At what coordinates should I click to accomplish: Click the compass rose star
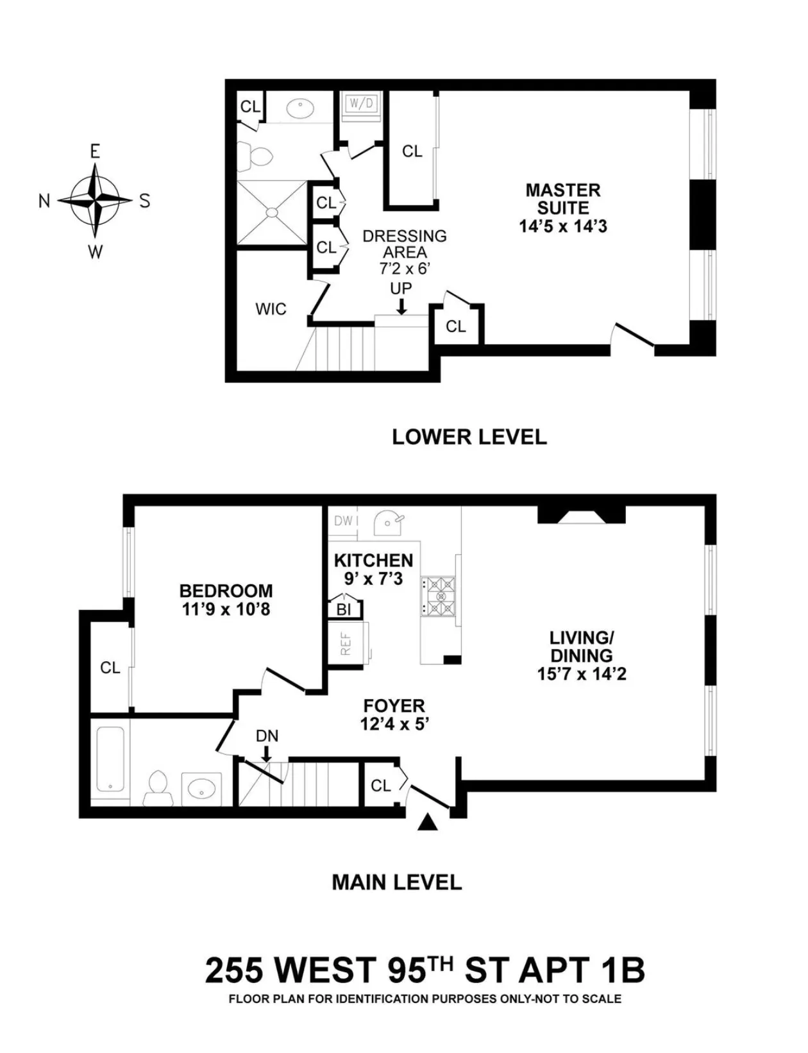click(x=94, y=201)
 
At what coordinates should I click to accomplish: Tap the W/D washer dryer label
click(x=361, y=104)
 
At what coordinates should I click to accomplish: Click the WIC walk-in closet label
click(x=271, y=309)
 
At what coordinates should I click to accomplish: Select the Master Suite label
click(x=562, y=199)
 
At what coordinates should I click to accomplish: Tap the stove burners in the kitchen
click(x=438, y=596)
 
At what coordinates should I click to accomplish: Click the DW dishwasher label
click(x=344, y=521)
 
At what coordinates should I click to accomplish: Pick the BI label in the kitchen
click(x=344, y=609)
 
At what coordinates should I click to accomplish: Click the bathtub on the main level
click(x=110, y=760)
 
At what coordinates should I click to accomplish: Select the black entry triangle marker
click(x=428, y=823)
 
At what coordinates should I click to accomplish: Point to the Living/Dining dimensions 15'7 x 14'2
click(x=581, y=674)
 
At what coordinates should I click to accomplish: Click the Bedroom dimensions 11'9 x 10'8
click(x=226, y=609)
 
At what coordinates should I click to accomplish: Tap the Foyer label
click(x=394, y=706)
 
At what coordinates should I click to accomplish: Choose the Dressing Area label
click(x=404, y=244)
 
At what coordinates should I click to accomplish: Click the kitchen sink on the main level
click(x=389, y=523)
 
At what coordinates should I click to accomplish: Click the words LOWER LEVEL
click(x=469, y=437)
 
